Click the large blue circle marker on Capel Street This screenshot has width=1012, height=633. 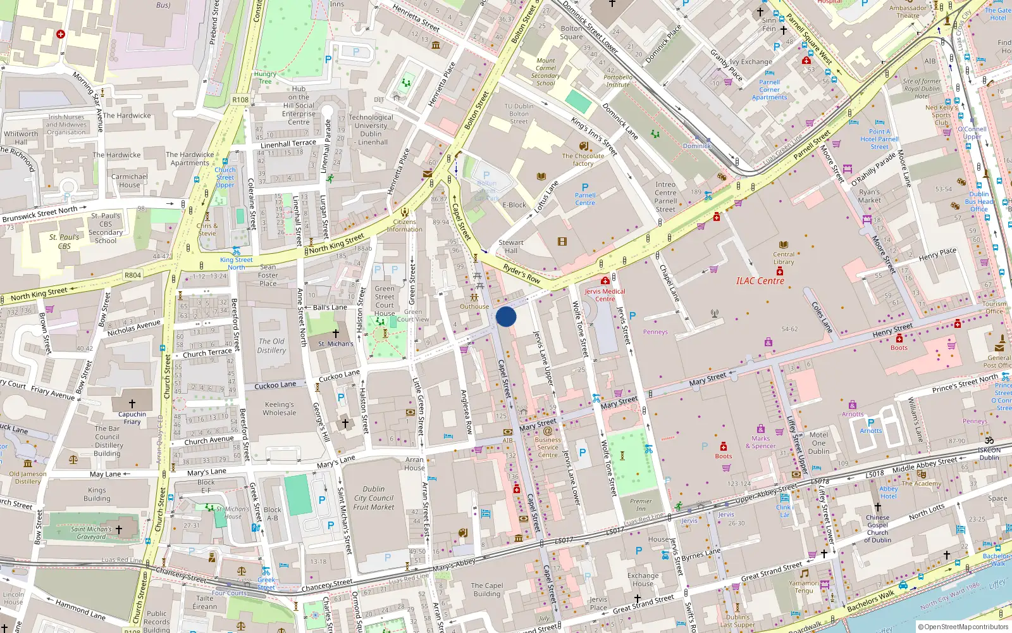[x=506, y=316]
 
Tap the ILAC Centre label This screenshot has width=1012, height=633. [x=760, y=281]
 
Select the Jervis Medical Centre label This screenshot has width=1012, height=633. [x=605, y=295]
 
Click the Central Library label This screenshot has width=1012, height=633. [x=783, y=258]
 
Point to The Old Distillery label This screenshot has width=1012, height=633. [x=271, y=346]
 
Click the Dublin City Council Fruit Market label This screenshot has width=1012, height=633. [x=374, y=498]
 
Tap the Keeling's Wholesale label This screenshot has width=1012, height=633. [x=279, y=408]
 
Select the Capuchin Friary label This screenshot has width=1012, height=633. [x=132, y=418]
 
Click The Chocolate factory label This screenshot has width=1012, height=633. [x=583, y=160]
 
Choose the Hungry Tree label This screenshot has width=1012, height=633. [x=265, y=77]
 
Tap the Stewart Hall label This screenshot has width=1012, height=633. [x=511, y=246]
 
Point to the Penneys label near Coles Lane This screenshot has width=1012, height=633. [x=655, y=332]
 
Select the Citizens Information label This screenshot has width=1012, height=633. [x=404, y=225]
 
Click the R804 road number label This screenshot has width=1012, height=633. [x=133, y=275]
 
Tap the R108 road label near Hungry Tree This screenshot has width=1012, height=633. [x=240, y=99]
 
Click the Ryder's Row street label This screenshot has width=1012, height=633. [x=522, y=273]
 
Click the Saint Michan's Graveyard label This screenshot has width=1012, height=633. [x=91, y=533]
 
